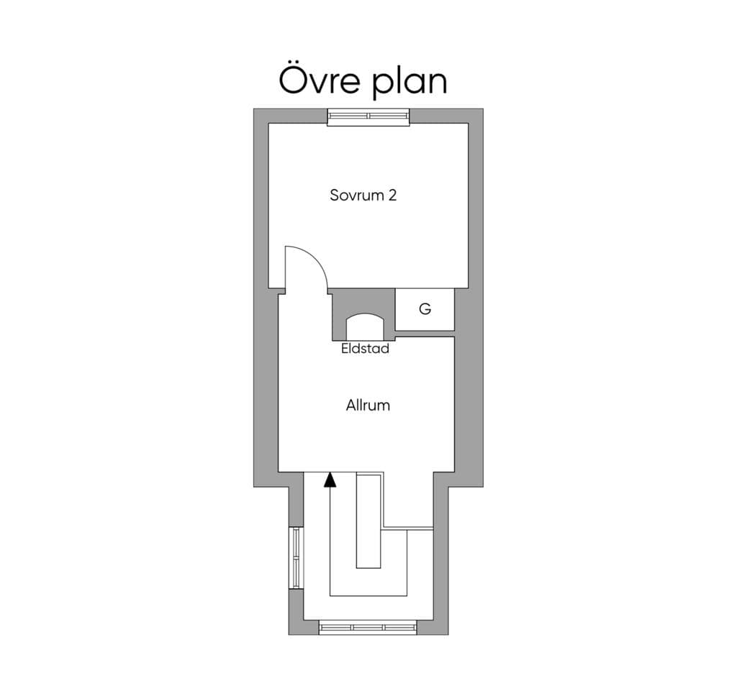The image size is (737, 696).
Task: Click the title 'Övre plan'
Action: tap(363, 81)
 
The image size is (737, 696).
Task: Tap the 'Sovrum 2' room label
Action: tap(363, 195)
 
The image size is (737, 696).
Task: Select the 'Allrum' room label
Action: tap(368, 406)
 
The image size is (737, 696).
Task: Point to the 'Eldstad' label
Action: tap(365, 349)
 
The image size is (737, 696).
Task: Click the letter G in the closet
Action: tap(425, 309)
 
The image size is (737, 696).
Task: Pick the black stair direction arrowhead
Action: tap(330, 480)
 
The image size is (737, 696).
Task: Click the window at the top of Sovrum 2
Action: tap(368, 116)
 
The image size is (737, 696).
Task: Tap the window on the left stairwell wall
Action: tap(297, 558)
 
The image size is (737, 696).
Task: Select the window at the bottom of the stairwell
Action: tap(368, 628)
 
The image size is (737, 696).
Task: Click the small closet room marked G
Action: tap(425, 309)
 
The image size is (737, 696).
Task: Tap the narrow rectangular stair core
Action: tap(368, 521)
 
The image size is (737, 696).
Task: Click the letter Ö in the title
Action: tap(295, 80)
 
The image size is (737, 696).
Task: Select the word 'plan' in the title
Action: tap(410, 83)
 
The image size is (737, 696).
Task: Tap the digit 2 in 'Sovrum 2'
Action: tap(392, 195)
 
